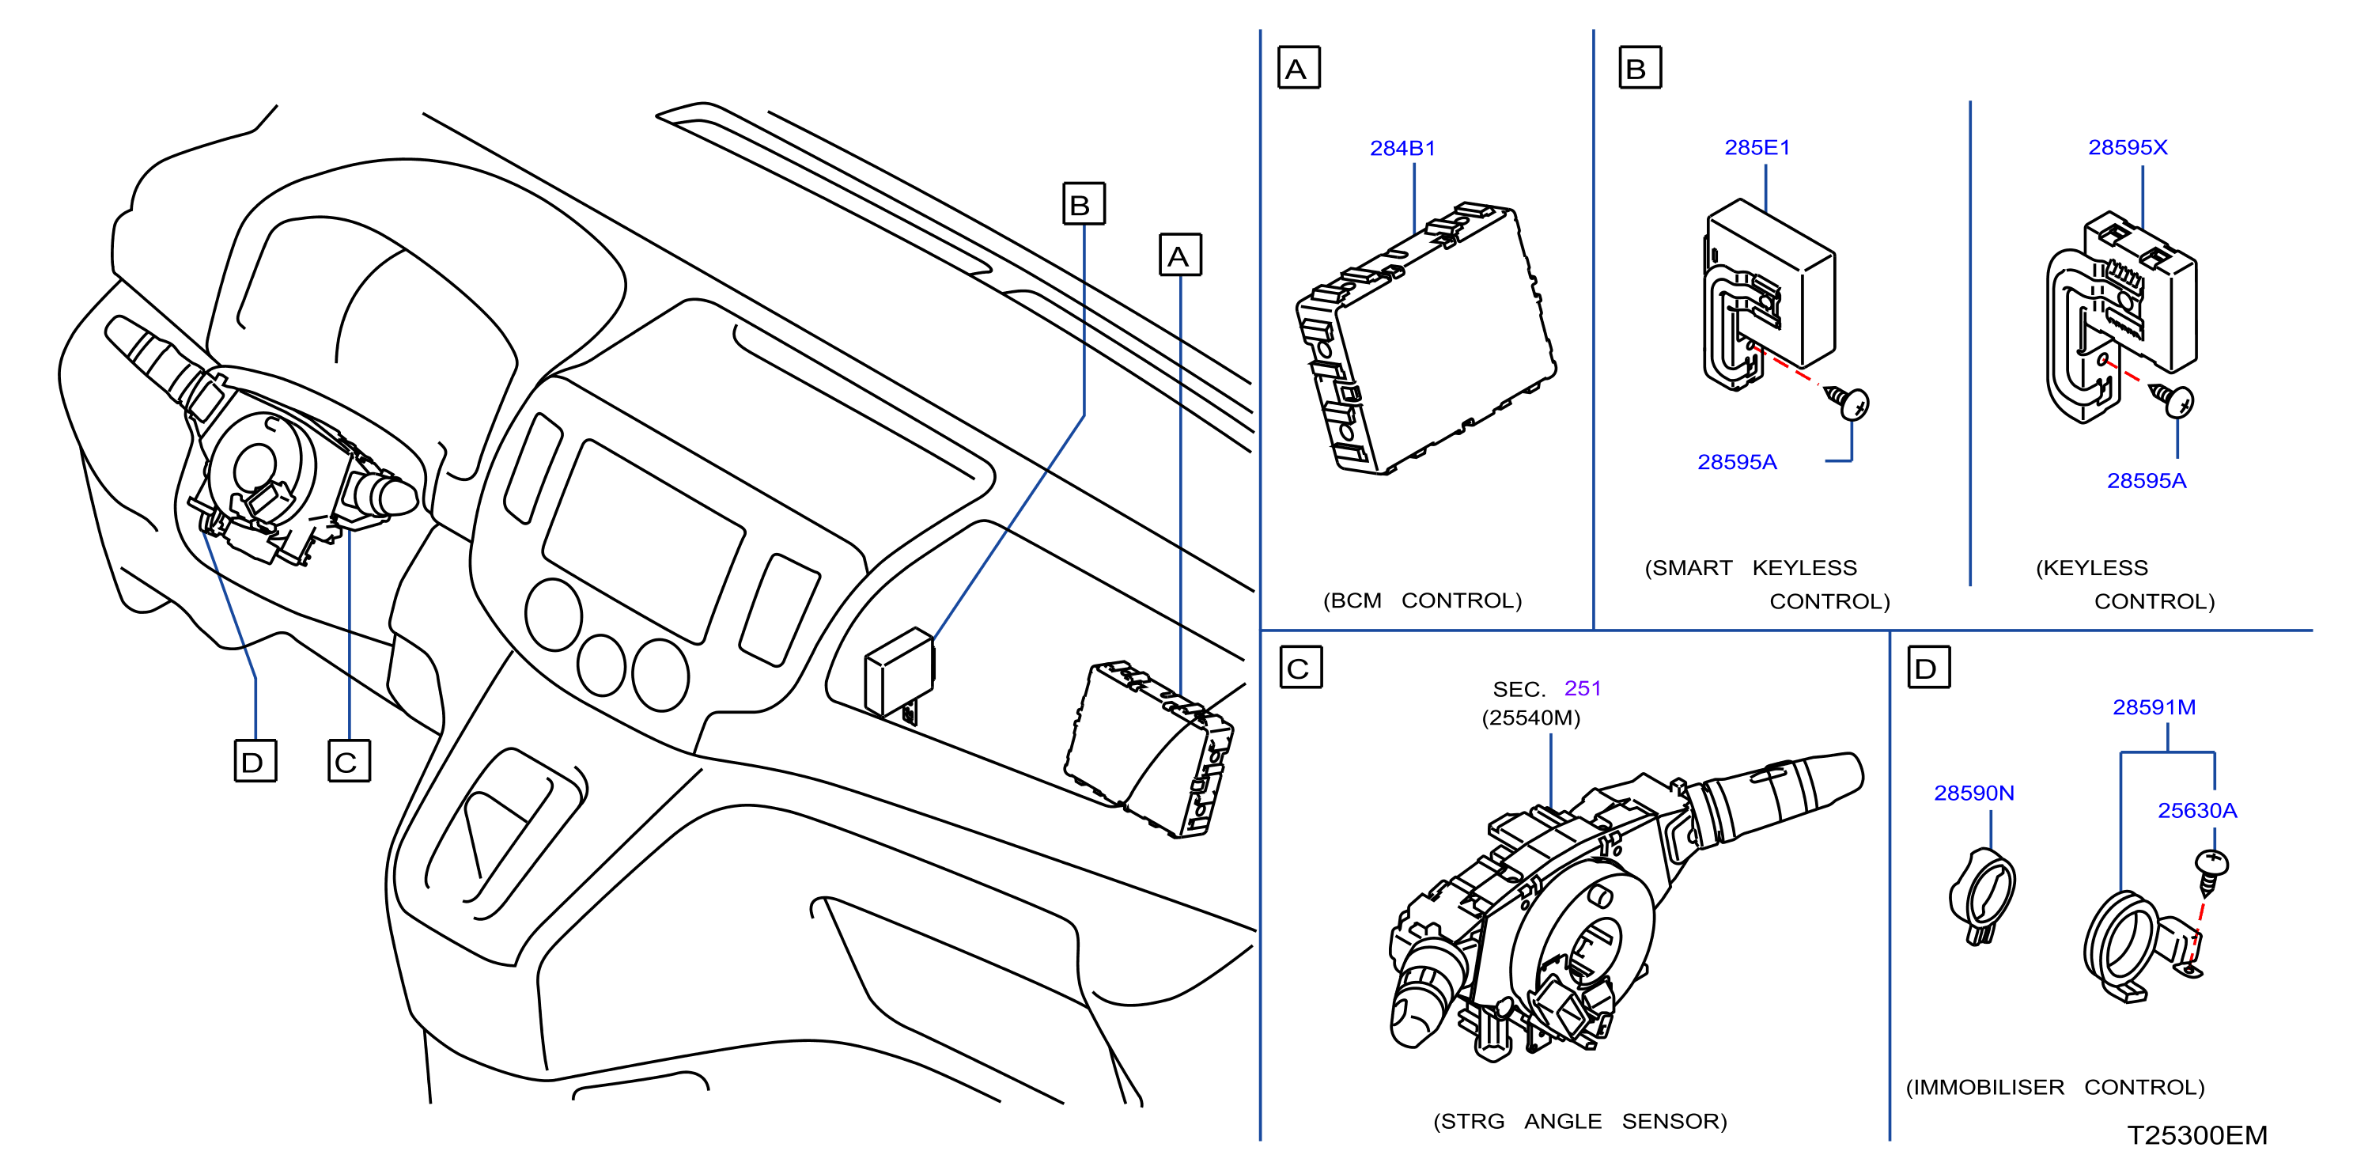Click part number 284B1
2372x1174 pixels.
point(1402,148)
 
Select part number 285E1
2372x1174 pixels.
point(1757,147)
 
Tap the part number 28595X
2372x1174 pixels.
point(2127,147)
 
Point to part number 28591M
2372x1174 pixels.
point(2154,707)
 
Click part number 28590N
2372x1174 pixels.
point(1973,793)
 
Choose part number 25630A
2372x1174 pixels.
point(2197,810)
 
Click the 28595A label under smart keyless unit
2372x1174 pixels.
point(1737,462)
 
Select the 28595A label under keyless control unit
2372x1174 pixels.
point(2147,481)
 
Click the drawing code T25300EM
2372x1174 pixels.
point(2197,1135)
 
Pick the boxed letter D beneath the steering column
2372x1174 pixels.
point(255,762)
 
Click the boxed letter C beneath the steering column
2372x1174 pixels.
point(349,762)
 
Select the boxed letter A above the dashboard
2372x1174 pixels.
point(1179,255)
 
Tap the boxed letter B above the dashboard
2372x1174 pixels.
point(1084,203)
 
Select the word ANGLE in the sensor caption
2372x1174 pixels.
point(1563,1122)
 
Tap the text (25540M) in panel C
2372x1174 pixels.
point(1530,718)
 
